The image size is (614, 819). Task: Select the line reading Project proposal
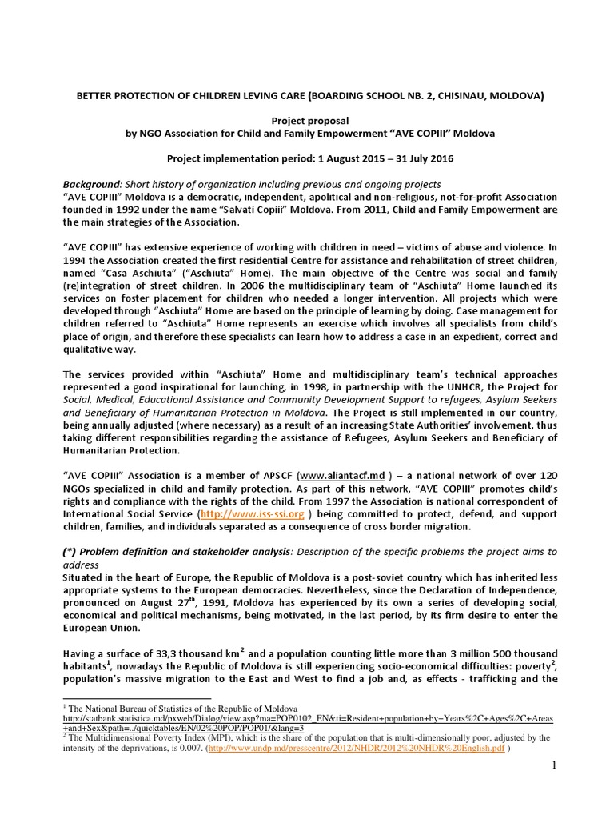pyautogui.click(x=306, y=120)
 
